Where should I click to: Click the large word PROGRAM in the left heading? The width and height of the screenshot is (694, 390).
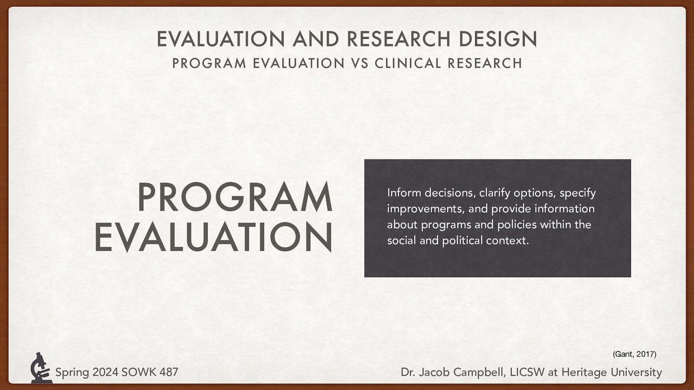point(235,198)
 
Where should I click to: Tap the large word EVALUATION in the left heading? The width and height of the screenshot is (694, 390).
point(213,237)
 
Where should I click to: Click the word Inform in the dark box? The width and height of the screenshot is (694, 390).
point(404,192)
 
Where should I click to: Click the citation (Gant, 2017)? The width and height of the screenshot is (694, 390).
point(634,354)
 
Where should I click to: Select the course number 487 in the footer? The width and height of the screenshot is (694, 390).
point(168,372)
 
